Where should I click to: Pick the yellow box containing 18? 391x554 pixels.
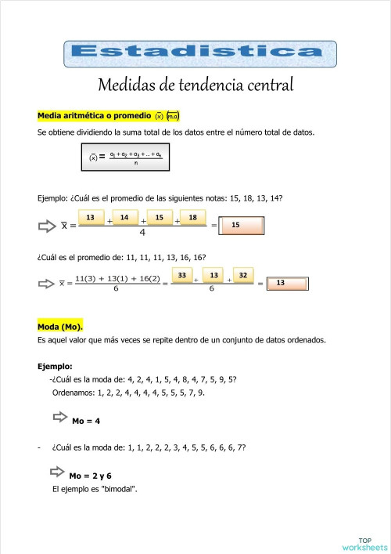click(x=192, y=217)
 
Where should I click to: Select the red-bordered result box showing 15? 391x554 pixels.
click(x=243, y=226)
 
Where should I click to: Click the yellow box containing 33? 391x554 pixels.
click(x=181, y=276)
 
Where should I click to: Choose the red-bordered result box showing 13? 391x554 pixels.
click(x=289, y=284)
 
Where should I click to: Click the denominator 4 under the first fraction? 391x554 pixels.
click(x=142, y=233)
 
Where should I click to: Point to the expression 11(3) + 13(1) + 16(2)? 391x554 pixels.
click(x=118, y=278)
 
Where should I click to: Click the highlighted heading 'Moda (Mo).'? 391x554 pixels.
click(x=60, y=326)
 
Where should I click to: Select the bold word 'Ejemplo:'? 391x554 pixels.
click(x=55, y=366)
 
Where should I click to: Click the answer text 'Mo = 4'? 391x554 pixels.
click(x=86, y=422)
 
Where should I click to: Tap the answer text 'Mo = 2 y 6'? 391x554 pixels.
click(x=90, y=476)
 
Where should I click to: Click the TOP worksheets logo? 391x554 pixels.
click(x=364, y=543)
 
